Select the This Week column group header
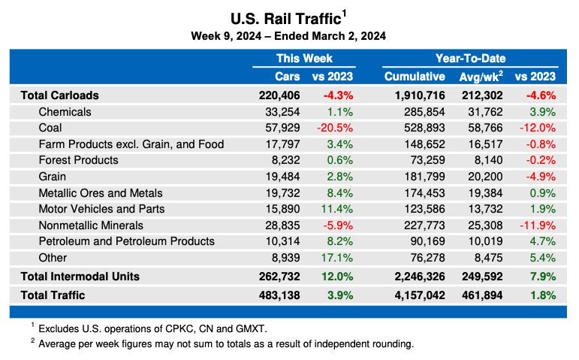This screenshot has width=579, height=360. tap(303, 59)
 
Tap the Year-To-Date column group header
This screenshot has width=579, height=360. tap(470, 59)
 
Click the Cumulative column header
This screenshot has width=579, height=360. tap(415, 77)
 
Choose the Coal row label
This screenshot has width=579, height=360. tap(50, 128)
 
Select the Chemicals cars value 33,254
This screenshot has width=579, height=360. tap(280, 112)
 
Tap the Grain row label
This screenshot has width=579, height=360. tap(53, 176)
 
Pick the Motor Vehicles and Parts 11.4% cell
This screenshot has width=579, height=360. tap(336, 208)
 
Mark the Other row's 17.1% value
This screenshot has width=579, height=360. tap(336, 257)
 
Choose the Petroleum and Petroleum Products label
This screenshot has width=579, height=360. tap(126, 241)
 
